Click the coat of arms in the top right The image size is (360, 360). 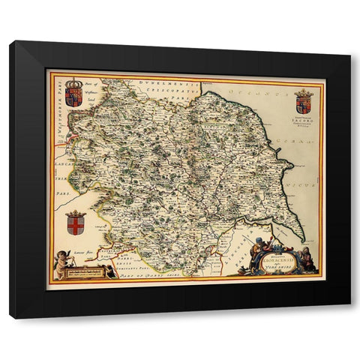(x=303, y=100)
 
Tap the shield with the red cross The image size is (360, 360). (x=75, y=223)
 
